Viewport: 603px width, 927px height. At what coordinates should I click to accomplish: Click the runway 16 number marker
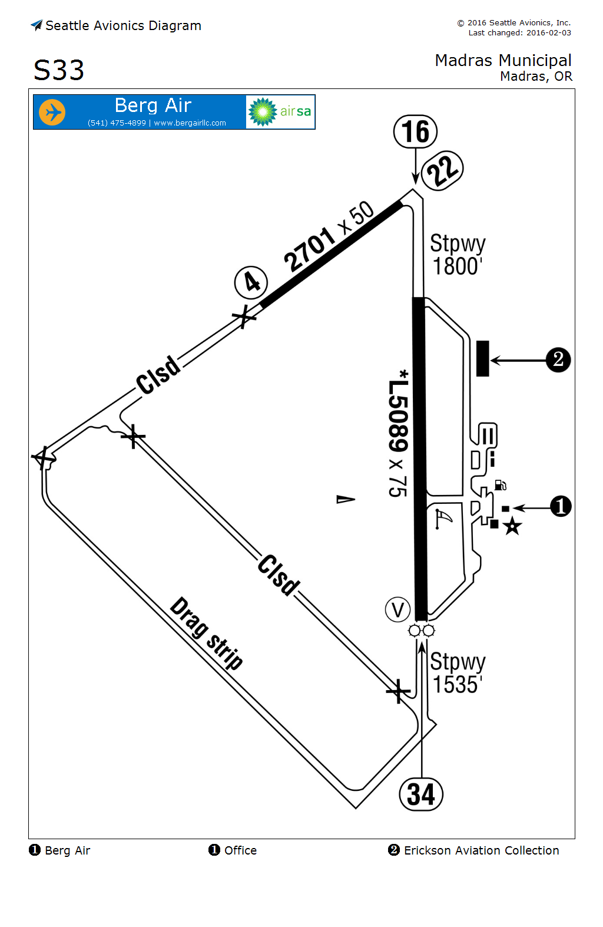pyautogui.click(x=416, y=131)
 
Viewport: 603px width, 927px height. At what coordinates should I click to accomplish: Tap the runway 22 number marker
pyautogui.click(x=443, y=170)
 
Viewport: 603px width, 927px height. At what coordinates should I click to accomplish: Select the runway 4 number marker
pyautogui.click(x=251, y=282)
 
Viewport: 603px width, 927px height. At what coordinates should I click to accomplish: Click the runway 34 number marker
pyautogui.click(x=421, y=794)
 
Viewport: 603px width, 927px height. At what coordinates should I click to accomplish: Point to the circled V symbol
pyautogui.click(x=397, y=610)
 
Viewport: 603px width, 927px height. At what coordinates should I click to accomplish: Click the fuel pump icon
pyautogui.click(x=500, y=485)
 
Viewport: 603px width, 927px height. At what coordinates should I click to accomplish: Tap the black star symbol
pyautogui.click(x=512, y=526)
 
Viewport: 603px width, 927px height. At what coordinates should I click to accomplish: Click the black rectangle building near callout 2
pyautogui.click(x=483, y=358)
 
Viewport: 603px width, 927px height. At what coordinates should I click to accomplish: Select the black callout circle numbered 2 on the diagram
pyautogui.click(x=558, y=359)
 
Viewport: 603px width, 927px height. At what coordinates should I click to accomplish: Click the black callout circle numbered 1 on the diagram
pyautogui.click(x=561, y=506)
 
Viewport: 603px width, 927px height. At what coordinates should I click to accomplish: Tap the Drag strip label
pyautogui.click(x=207, y=634)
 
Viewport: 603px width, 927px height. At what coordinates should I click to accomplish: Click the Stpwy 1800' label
pyautogui.click(x=458, y=255)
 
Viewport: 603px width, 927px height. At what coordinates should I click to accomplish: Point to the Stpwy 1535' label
pyautogui.click(x=458, y=673)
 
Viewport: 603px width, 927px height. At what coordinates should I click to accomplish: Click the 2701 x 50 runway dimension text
pyautogui.click(x=329, y=236)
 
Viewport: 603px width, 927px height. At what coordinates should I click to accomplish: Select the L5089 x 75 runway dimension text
pyautogui.click(x=399, y=433)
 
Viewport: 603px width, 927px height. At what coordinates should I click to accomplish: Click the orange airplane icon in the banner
pyautogui.click(x=52, y=112)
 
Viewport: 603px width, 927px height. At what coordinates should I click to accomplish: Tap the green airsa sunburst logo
pyautogui.click(x=263, y=112)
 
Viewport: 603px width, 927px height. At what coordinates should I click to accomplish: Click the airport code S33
pyautogui.click(x=59, y=71)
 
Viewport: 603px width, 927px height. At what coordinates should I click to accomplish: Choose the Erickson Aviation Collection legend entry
pyautogui.click(x=474, y=850)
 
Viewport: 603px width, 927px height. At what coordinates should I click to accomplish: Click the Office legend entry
pyautogui.click(x=233, y=850)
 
